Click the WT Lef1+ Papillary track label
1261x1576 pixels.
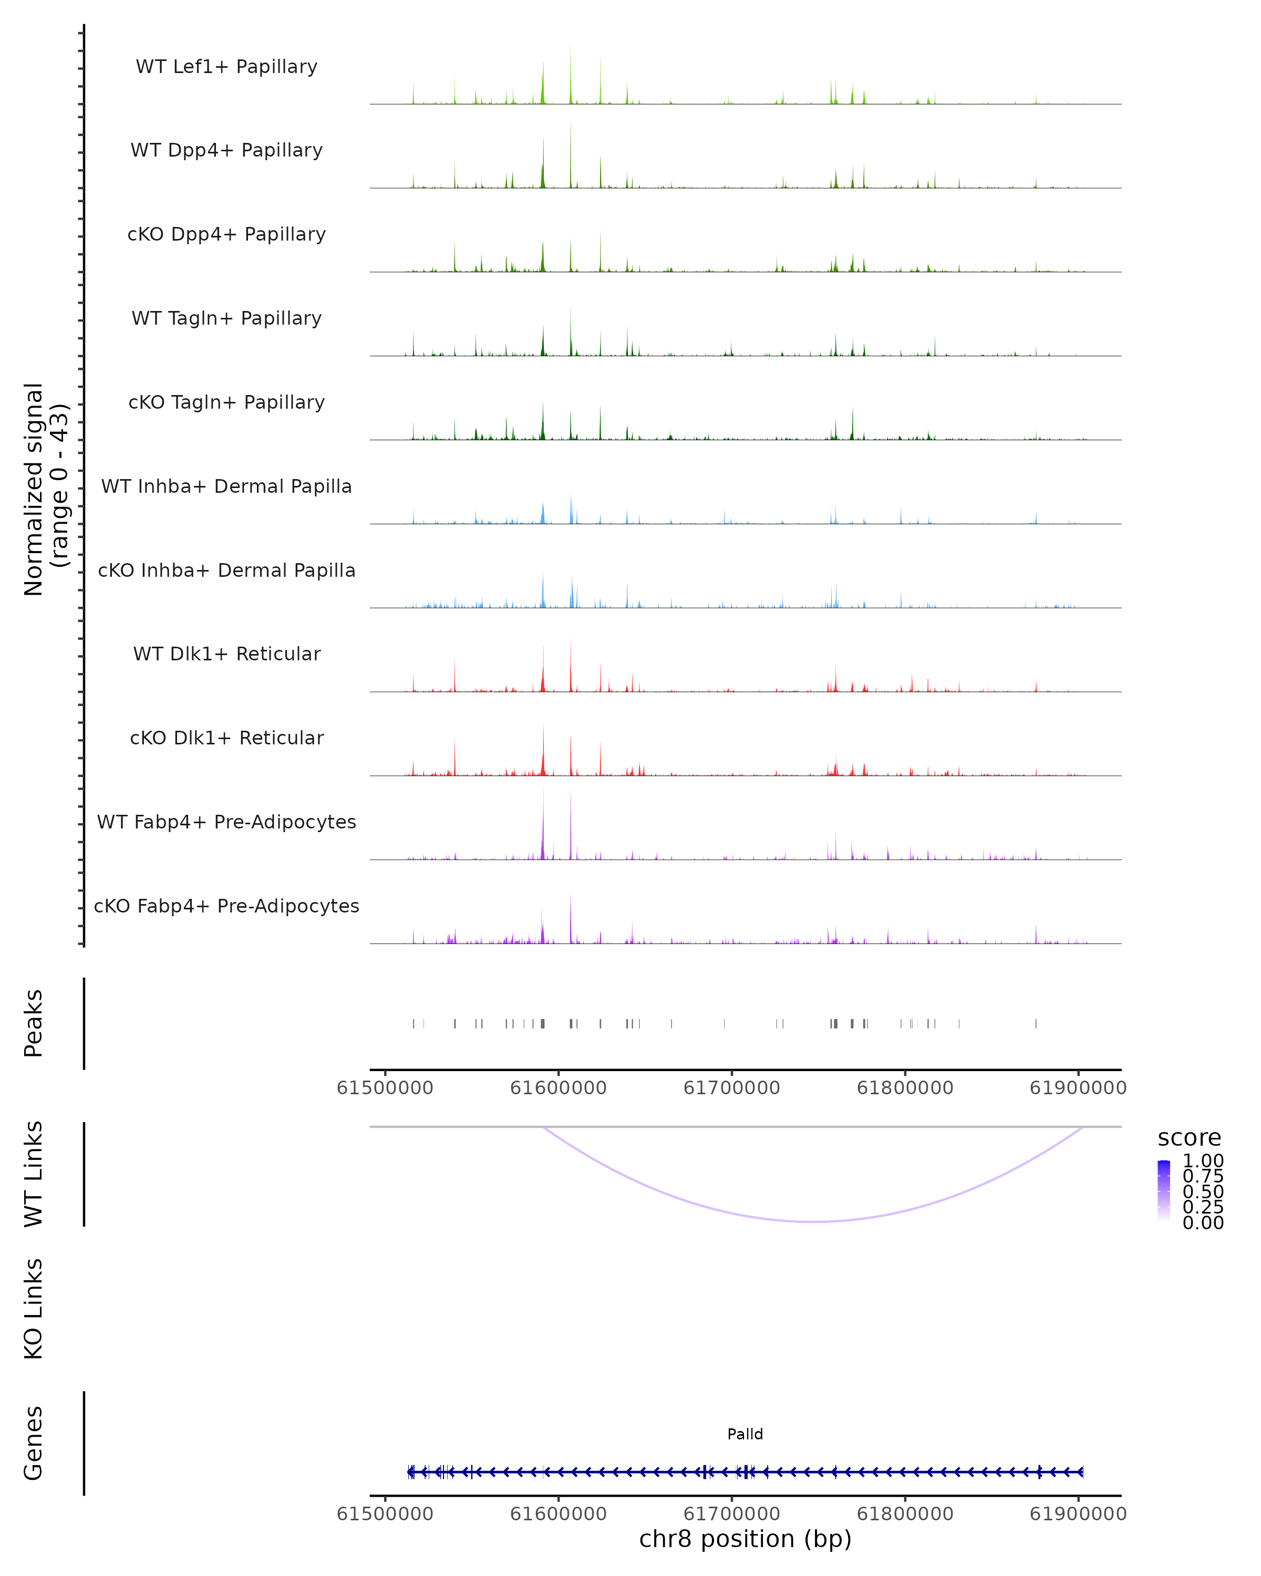[226, 67]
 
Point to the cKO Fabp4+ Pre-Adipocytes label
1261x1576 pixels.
[226, 906]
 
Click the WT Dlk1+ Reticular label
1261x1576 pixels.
[226, 654]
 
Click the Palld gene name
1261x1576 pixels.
[745, 1434]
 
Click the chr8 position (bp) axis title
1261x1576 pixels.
[745, 1539]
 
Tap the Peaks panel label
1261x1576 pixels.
[34, 1023]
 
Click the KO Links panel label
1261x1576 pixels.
[34, 1309]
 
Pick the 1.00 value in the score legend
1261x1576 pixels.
[1203, 1161]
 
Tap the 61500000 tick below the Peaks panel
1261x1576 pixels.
[385, 1088]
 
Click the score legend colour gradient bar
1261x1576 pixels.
[1164, 1191]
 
